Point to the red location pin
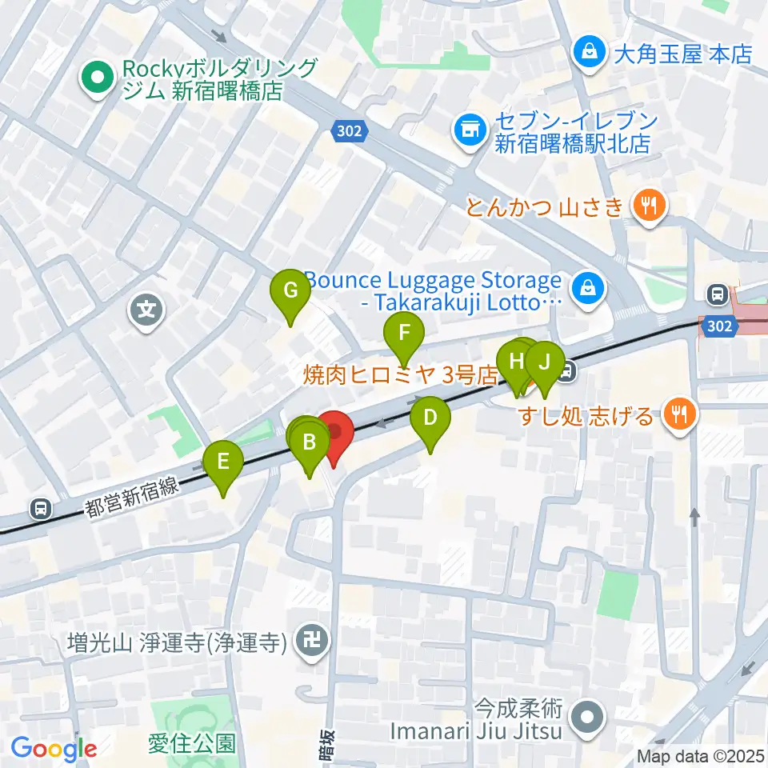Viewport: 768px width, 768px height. pos(334,434)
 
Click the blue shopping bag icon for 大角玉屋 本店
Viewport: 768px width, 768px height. pos(589,54)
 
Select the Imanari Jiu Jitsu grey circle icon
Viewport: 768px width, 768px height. pos(589,717)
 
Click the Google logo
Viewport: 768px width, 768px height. pos(53,749)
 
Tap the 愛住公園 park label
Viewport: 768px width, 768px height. pos(192,744)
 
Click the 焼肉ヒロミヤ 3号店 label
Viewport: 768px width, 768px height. pos(400,374)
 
